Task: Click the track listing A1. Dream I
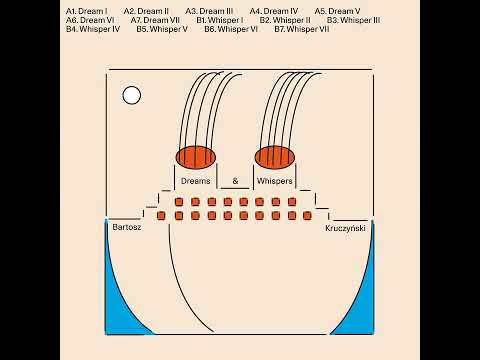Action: point(87,11)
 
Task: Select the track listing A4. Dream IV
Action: point(274,11)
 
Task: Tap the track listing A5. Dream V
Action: point(337,11)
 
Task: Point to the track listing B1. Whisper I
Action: point(220,20)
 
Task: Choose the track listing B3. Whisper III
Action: point(353,20)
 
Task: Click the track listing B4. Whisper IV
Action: point(93,29)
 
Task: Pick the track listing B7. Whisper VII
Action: point(302,29)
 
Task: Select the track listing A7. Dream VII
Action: point(155,20)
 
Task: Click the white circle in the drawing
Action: point(132,95)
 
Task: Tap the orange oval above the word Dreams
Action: point(196,157)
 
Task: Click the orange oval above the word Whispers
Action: point(275,157)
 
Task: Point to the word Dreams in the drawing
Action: point(196,181)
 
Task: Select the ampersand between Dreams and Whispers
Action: point(235,181)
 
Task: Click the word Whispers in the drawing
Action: point(275,181)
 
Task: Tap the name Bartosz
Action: point(127,227)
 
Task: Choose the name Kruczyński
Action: point(345,228)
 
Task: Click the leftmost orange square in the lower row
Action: point(161,216)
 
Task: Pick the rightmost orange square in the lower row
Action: point(307,216)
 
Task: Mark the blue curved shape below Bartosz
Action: point(117,300)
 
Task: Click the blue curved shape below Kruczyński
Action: point(363,300)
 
